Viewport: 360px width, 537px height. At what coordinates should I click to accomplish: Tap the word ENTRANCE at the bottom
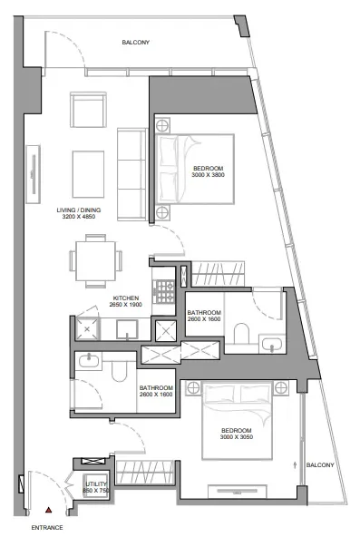pyautogui.click(x=46, y=527)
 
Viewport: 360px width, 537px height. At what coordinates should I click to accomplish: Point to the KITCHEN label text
pyautogui.click(x=125, y=298)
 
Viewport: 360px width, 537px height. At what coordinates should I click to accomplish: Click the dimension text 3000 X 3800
pyautogui.click(x=208, y=176)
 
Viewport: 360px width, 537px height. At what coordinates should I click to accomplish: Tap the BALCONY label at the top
pyautogui.click(x=136, y=43)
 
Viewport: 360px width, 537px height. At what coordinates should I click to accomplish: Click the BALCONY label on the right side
pyautogui.click(x=319, y=465)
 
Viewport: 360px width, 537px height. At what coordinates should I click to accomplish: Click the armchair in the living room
pyautogui.click(x=90, y=112)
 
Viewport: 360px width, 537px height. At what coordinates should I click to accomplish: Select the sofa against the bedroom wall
pyautogui.click(x=132, y=172)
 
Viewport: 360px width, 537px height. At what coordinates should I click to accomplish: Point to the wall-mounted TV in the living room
pyautogui.click(x=34, y=173)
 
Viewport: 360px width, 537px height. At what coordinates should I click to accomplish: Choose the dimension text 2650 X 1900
pyautogui.click(x=125, y=306)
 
